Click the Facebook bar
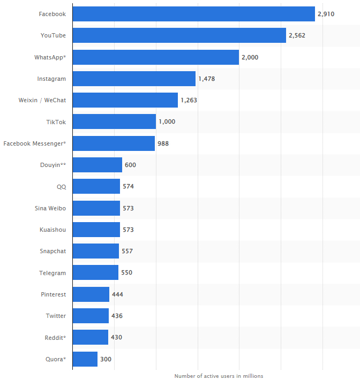pos(193,14)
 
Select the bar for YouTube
pos(179,35)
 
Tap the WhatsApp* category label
pos(50,57)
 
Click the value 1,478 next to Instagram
pos(207,79)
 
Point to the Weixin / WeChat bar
pos(125,100)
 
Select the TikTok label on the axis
pos(56,122)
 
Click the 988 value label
pos(163,143)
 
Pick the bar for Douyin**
pos(97,165)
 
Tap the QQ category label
pos(61,186)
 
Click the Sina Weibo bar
pos(96,208)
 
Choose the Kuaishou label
pos(52,230)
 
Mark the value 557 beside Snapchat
pos(127,251)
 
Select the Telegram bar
pos(95,272)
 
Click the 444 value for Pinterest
pos(117,294)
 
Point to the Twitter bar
pos(91,316)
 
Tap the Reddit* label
pos(55,337)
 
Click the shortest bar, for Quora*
pos(85,359)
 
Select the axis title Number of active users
pos(219,376)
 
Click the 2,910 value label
pos(326,14)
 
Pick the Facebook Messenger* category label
pos(34,143)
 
